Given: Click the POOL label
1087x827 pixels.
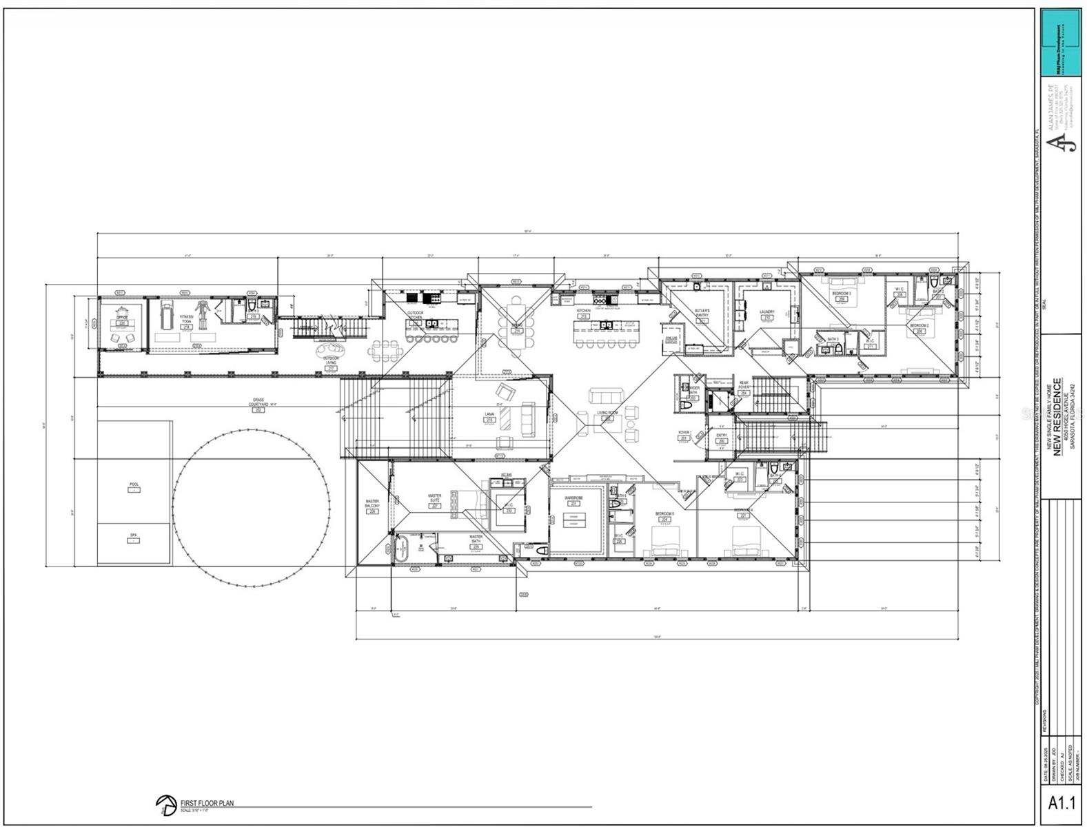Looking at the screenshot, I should point(134,484).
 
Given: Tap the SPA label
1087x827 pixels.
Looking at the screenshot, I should point(134,535).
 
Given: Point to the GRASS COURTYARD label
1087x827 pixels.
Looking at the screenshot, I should point(258,402).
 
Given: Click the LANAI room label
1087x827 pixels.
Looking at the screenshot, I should point(490,415).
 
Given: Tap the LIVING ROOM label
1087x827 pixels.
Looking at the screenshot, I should point(607,413).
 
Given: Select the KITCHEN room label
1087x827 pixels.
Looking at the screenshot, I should point(583,312).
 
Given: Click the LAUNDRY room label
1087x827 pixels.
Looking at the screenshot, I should point(767,312).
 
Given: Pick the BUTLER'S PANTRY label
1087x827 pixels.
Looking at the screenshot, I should point(702,314).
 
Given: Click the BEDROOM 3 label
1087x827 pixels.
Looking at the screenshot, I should point(841,294).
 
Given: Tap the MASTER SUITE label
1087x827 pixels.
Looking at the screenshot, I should point(434,498).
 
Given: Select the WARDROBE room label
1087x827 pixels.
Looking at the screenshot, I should point(573,498).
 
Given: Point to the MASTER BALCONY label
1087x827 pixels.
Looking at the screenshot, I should point(372,504).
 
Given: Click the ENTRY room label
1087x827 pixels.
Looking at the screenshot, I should point(721,436).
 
